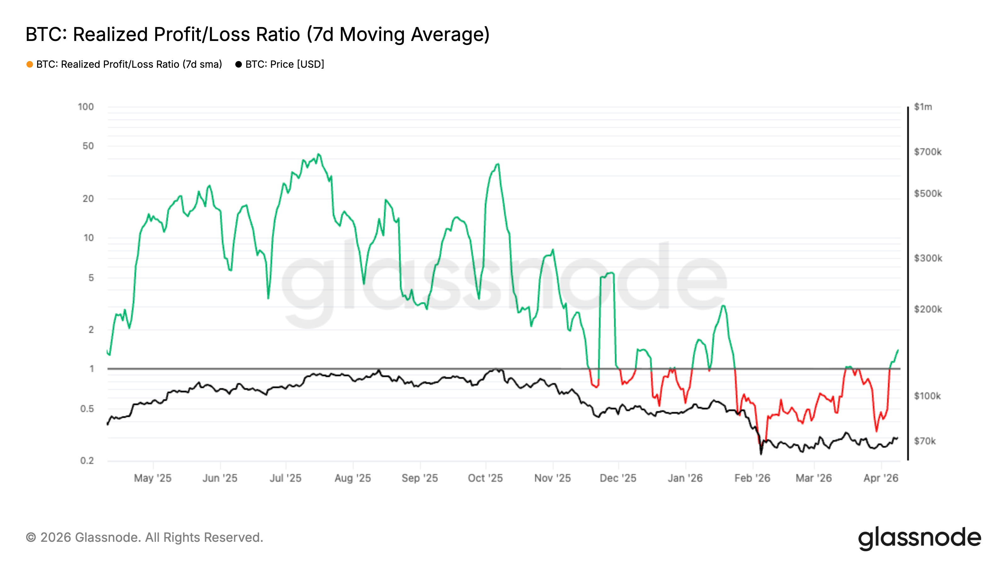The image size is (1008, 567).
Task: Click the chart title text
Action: click(257, 34)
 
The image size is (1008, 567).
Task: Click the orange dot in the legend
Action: click(30, 64)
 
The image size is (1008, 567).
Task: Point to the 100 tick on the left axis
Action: click(86, 107)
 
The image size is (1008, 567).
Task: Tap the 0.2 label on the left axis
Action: click(87, 461)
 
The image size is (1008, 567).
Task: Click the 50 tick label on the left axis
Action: click(88, 146)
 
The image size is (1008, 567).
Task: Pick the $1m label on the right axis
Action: click(923, 107)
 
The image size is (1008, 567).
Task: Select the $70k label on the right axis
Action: click(924, 441)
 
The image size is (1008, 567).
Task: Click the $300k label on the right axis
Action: click(927, 258)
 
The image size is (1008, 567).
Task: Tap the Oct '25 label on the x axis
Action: click(485, 478)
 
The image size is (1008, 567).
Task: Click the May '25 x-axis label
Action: click(152, 478)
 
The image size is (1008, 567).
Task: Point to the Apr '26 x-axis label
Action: click(881, 478)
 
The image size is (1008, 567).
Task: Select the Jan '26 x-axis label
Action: click(685, 478)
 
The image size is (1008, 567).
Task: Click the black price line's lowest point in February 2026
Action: click(761, 454)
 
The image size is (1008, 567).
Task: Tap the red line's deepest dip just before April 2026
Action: click(876, 431)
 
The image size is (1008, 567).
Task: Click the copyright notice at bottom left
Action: click(144, 537)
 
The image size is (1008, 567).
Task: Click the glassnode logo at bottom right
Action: click(919, 538)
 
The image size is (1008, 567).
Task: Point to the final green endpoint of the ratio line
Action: click(898, 350)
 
